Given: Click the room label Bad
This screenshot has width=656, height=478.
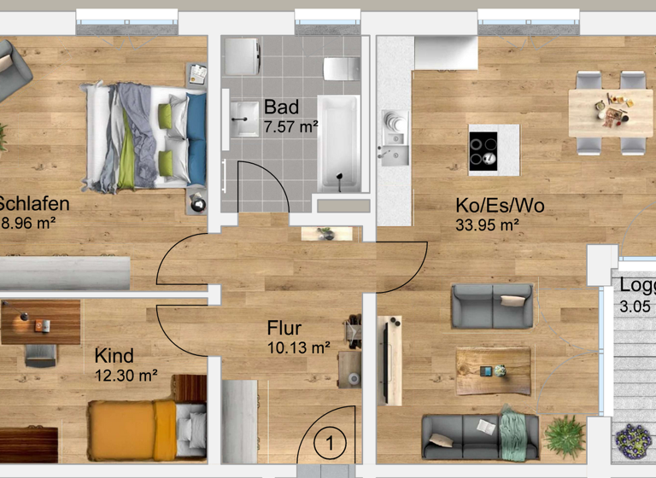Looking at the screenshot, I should coord(281,108).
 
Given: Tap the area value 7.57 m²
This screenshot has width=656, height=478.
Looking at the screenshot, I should coord(290,128).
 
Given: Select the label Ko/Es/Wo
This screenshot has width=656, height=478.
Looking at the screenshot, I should coord(500,206).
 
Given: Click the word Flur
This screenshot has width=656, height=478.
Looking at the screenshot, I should coord(284,329).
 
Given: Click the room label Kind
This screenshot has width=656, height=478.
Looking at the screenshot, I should coord(114,355).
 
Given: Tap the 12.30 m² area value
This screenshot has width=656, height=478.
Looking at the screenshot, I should coord(126,375).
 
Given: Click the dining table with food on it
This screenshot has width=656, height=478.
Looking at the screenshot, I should coord(610,112).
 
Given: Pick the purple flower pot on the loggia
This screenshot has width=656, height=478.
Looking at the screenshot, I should coord(633,442).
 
